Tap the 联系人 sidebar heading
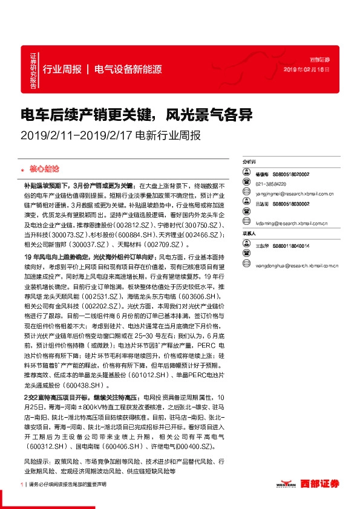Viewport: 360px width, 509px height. click(249, 233)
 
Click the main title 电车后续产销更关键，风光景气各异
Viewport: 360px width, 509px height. click(136, 114)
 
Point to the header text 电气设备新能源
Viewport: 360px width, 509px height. click(128, 69)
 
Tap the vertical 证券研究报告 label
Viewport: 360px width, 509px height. click(33, 70)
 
